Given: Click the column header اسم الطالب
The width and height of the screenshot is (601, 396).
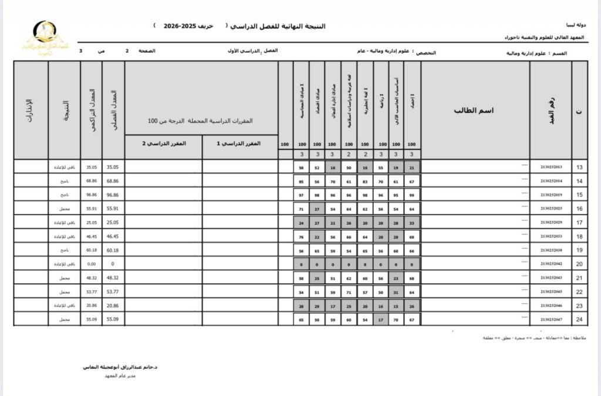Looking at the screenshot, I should (x=475, y=110).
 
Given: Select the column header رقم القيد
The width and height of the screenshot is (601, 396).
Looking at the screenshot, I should (x=551, y=109).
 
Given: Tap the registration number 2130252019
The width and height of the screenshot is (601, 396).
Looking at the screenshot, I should (x=551, y=194).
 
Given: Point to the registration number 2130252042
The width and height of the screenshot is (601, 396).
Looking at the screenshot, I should (x=551, y=264).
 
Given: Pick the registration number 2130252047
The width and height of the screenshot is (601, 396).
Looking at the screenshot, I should (x=551, y=319).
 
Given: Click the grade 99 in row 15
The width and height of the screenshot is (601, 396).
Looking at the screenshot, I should (x=412, y=194).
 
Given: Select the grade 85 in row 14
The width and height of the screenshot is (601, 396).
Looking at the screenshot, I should (x=302, y=181).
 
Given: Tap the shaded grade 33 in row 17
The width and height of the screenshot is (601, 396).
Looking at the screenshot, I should (x=412, y=223).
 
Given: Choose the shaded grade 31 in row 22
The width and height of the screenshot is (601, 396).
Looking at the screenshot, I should (x=396, y=292).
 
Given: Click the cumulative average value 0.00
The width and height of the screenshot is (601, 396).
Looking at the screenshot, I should (x=91, y=264).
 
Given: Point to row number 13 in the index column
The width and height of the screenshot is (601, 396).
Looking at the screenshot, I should (x=579, y=167).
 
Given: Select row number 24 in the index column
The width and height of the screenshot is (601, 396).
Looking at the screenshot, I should (x=579, y=319).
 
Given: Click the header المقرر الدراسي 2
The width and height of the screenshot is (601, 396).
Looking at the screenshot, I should (x=164, y=143).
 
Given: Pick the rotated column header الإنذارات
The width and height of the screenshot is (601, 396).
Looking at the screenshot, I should (x=30, y=110).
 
